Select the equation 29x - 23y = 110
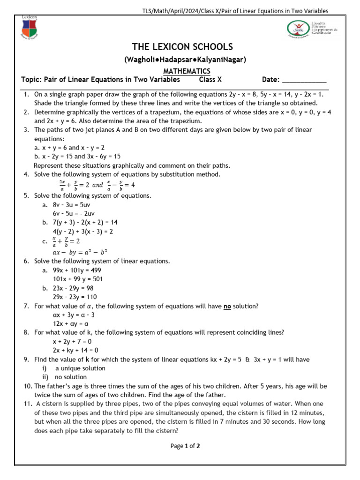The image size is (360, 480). click(75, 297)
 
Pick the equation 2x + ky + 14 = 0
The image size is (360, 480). click(75, 350)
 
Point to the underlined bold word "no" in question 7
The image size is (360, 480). click(227, 306)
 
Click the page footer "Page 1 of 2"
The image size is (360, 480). click(185, 446)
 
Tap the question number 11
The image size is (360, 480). click(27, 404)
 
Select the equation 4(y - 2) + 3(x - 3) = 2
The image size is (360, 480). click(83, 232)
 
